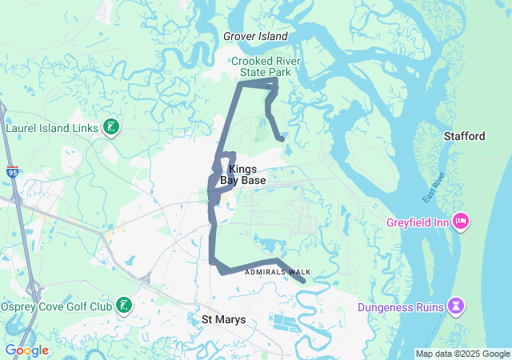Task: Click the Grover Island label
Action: pos(255,36)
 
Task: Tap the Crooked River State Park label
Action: pos(263,66)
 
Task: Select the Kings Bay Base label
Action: pos(242,175)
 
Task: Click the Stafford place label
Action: pos(464,137)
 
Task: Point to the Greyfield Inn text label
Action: pos(418,222)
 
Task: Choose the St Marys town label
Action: pos(223,320)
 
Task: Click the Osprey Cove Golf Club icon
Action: pos(124,304)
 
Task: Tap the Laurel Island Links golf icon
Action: pos(111,127)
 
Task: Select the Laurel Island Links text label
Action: pos(51,127)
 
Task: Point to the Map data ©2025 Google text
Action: pos(462,354)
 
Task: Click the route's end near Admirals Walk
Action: pos(303,280)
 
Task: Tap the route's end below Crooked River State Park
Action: pos(282,138)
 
